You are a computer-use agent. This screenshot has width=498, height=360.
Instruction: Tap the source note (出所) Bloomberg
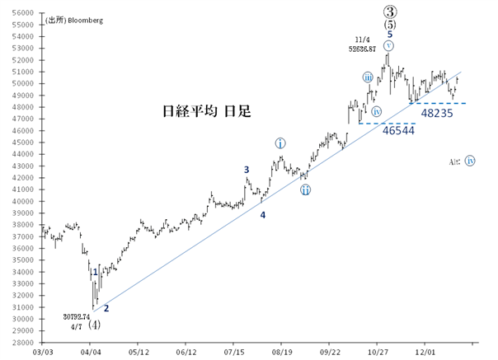point(74,20)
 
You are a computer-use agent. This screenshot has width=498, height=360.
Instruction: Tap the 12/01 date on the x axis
point(425,350)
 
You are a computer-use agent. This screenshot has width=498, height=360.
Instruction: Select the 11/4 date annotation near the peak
point(363,40)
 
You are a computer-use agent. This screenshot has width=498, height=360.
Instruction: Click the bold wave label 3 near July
point(246,170)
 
